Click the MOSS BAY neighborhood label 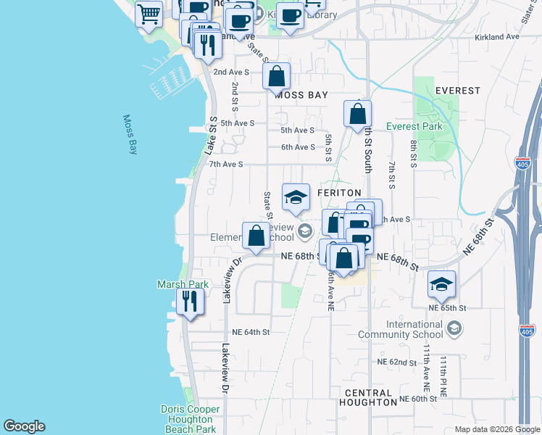click(x=301, y=95)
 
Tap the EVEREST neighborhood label click(x=458, y=91)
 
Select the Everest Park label click(x=414, y=126)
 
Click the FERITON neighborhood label click(x=339, y=192)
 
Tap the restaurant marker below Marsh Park click(x=189, y=300)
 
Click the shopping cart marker click(x=149, y=14)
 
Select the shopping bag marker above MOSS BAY click(x=276, y=75)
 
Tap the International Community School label click(x=404, y=329)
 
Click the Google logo click(x=24, y=426)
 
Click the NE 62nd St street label click(x=397, y=362)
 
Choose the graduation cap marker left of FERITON click(x=295, y=197)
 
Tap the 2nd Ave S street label click(x=231, y=72)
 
